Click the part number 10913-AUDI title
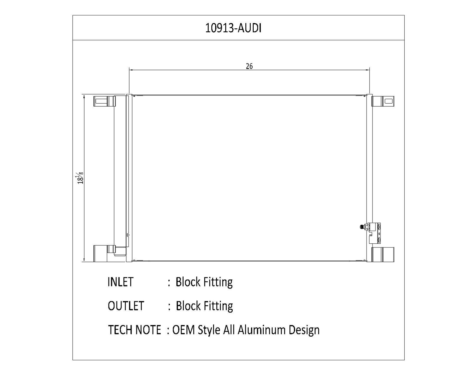tap(233, 28)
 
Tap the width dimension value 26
tap(249, 66)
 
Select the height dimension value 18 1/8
tap(80, 178)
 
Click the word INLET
tap(120, 282)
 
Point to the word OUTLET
tap(126, 306)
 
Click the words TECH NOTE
tap(135, 330)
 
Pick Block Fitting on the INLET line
tap(204, 282)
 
